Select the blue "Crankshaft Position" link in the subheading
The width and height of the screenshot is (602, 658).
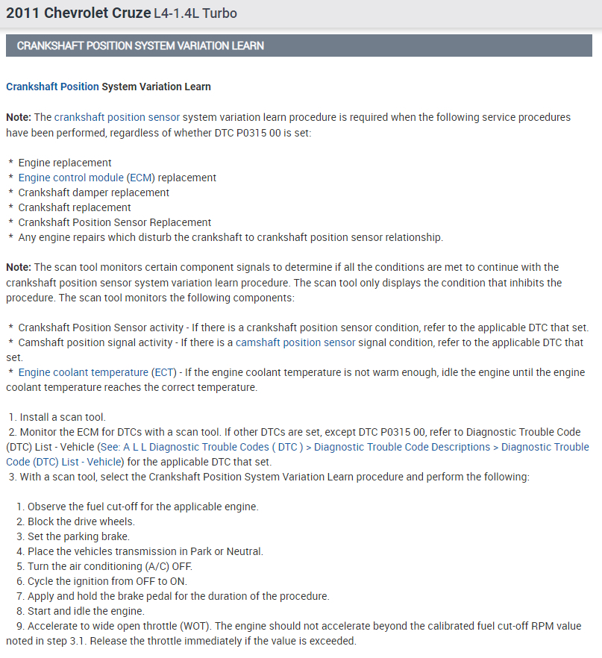pos(52,87)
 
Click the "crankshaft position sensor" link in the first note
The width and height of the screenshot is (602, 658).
pos(116,117)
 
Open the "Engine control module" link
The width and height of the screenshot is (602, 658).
pos(71,178)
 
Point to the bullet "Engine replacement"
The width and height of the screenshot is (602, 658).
pos(65,163)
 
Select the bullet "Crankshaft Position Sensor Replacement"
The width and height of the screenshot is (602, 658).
pos(114,222)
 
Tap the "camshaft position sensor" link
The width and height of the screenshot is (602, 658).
pos(295,342)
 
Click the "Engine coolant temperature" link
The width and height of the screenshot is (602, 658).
pos(83,372)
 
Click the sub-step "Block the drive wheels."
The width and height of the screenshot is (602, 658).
pos(81,521)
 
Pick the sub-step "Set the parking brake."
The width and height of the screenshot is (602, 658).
pos(78,536)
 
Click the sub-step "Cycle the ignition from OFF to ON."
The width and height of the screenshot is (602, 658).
pos(107,581)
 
